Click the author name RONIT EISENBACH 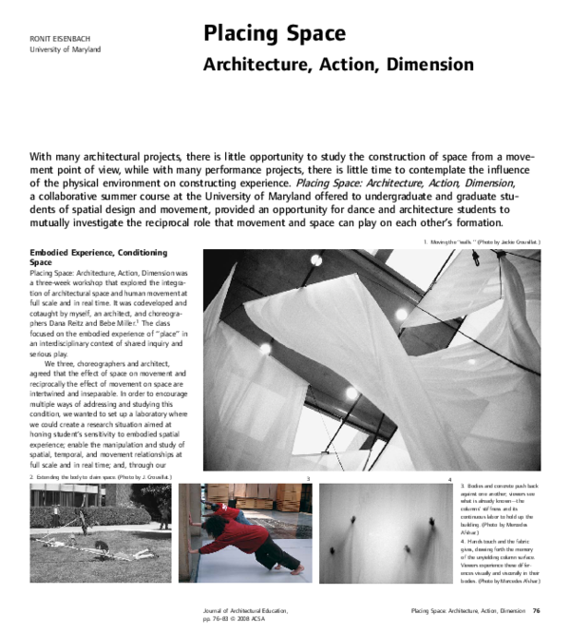pos(59,36)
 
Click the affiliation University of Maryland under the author pos(64,48)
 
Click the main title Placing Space pos(275,34)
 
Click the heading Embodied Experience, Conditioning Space pos(99,258)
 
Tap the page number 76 pos(537,610)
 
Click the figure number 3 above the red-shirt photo pos(308,477)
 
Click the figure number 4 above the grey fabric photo pos(448,477)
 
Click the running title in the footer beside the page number pos(465,610)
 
